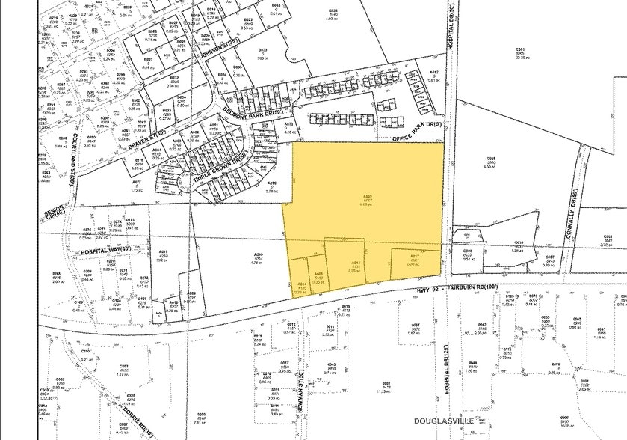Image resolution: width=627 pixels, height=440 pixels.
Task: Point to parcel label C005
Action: pyautogui.click(x=491, y=159)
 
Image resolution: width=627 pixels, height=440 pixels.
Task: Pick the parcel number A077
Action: pyautogui.click(x=137, y=182)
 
